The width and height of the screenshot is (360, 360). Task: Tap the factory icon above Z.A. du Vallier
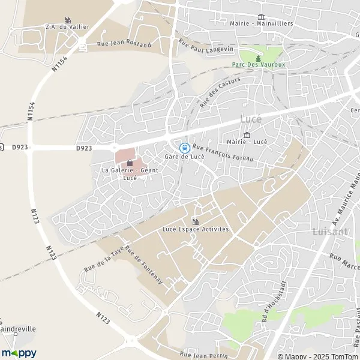(x=67, y=20)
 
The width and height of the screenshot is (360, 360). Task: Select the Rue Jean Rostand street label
(x=124, y=44)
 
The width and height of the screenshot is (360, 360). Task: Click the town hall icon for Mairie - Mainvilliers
(x=261, y=17)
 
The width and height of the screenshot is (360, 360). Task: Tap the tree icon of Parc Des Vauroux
(x=259, y=57)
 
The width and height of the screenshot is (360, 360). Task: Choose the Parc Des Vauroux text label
(x=259, y=64)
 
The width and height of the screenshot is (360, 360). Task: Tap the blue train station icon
(x=185, y=147)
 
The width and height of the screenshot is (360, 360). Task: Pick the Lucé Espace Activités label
(x=196, y=229)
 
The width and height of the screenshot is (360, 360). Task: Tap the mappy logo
(x=19, y=353)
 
